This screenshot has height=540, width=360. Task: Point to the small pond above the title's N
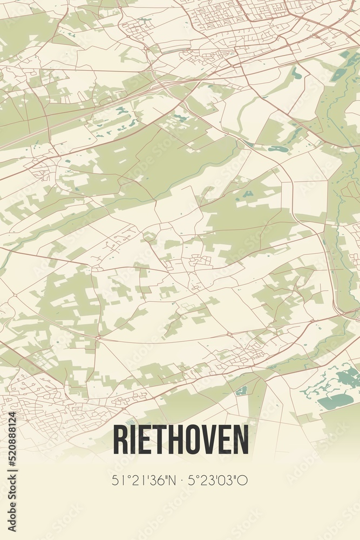click(241, 390)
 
